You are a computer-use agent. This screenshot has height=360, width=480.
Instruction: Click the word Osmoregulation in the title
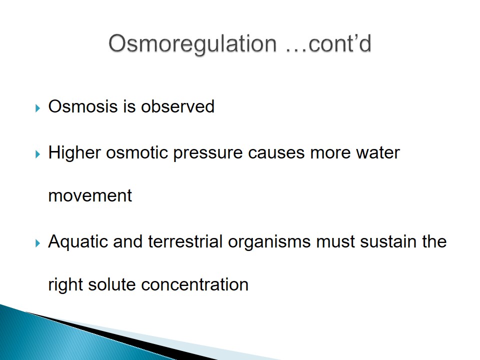coord(192,44)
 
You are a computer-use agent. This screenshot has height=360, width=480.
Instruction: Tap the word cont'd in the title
coord(340,43)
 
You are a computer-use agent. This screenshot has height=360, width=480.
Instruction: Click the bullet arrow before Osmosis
coord(37,108)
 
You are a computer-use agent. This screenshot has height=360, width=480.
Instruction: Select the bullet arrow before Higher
coord(37,154)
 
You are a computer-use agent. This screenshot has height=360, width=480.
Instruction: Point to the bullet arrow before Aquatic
coord(37,243)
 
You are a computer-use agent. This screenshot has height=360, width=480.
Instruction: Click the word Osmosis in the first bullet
coord(83,106)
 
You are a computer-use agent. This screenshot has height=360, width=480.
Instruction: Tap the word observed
coord(177,106)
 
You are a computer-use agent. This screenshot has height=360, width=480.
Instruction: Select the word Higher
coord(74,152)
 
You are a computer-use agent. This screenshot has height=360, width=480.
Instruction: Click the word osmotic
coord(137,152)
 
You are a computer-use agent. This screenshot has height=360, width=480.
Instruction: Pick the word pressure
coord(208,153)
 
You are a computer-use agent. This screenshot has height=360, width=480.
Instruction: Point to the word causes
coord(276,153)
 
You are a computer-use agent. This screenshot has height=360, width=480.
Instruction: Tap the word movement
coord(90,196)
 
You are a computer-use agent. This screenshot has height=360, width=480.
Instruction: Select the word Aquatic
coord(78,242)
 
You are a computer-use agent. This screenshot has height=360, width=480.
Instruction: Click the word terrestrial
coord(185,241)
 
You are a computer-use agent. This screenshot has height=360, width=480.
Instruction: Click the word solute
coord(111,284)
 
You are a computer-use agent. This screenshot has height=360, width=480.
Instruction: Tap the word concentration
coord(194,284)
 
